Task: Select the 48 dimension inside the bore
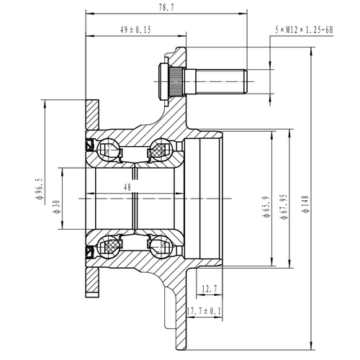pyautogui.click(x=128, y=186)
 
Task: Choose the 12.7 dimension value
pyautogui.click(x=210, y=288)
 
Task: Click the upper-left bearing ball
pyautogui.click(x=109, y=149)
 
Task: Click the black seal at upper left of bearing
pyautogui.click(x=90, y=143)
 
